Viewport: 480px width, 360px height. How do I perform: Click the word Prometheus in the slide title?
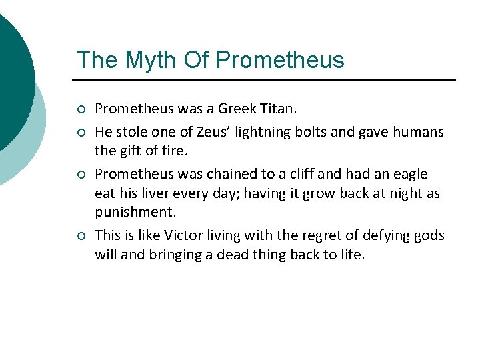(x=280, y=60)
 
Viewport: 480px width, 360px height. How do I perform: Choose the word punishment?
(x=135, y=211)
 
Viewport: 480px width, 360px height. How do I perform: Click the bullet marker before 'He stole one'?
(x=81, y=133)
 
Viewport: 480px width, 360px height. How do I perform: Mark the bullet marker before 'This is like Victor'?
(x=81, y=235)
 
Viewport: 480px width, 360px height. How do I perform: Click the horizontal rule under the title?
(x=267, y=80)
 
